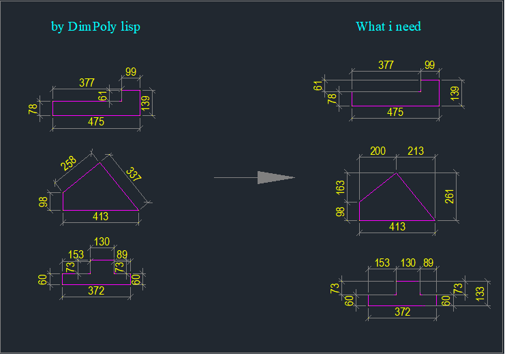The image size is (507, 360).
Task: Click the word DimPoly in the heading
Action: [92, 27]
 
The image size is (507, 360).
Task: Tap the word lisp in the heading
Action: [131, 27]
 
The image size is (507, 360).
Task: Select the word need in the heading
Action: [408, 27]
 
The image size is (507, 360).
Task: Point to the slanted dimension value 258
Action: [69, 164]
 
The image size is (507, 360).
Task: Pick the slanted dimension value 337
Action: [134, 175]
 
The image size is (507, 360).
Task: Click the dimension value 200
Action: [378, 151]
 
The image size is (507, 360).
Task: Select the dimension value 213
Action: [416, 151]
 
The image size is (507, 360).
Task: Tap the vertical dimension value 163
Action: [340, 187]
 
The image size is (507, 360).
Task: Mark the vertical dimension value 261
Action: [450, 196]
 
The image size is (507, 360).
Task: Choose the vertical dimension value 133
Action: [480, 294]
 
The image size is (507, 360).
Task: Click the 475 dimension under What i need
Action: [395, 112]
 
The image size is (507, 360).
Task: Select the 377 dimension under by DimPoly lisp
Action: [87, 82]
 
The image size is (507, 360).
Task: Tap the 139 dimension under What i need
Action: [455, 93]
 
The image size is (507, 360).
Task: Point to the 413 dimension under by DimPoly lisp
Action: [100, 216]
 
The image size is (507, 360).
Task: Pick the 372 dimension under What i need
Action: [402, 312]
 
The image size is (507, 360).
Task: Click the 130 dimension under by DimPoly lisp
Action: [102, 241]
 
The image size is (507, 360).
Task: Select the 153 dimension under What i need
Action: [382, 262]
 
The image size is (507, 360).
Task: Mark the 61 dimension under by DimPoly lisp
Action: [102, 96]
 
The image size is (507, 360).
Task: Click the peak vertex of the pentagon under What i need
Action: [397, 173]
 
